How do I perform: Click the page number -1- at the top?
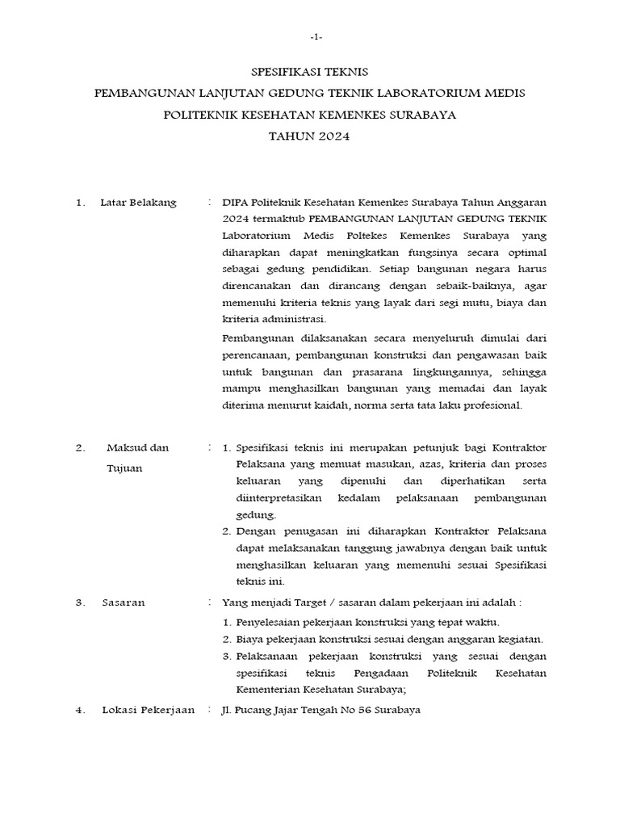[x=316, y=38]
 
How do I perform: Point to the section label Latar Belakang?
[x=138, y=203]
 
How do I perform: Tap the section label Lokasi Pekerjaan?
[x=148, y=710]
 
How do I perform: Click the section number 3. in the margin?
[x=81, y=602]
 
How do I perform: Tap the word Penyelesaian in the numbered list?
[x=269, y=621]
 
